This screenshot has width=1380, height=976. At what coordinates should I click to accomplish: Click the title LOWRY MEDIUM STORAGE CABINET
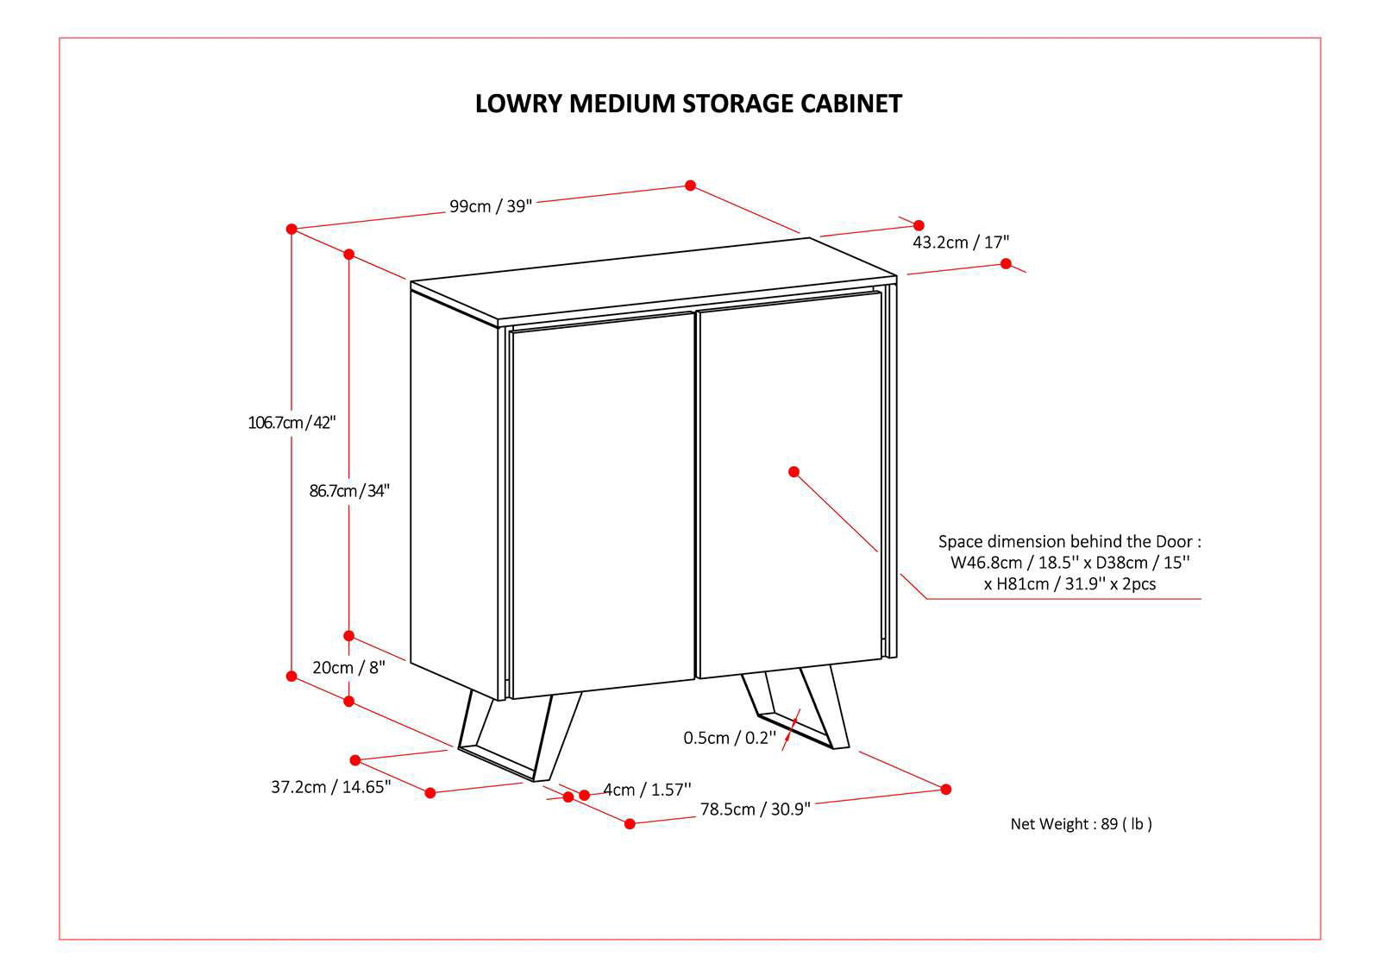[688, 104]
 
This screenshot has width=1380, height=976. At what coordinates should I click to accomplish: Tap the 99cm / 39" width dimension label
[491, 206]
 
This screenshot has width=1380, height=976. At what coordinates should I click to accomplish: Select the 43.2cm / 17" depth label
[960, 242]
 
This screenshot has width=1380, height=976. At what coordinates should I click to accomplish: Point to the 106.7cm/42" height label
[292, 423]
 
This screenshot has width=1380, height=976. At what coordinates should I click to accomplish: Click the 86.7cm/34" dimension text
[349, 491]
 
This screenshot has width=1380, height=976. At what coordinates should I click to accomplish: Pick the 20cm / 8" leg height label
[348, 667]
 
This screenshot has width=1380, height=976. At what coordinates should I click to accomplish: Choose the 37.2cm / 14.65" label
[331, 787]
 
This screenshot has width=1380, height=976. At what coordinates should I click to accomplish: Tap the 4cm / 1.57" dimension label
[647, 790]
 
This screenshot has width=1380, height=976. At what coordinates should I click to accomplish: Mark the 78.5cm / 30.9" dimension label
[755, 809]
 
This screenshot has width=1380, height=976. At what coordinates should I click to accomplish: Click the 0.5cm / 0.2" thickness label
[730, 738]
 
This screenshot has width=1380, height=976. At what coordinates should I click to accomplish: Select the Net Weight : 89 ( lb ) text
[1081, 824]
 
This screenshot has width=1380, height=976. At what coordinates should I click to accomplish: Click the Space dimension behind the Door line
[1069, 542]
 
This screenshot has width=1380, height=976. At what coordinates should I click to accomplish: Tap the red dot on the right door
[793, 471]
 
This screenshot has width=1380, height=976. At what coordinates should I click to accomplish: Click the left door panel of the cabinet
[602, 505]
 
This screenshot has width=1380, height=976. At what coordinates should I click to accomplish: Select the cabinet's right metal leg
[798, 708]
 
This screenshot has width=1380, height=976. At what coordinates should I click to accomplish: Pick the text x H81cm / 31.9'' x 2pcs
[1069, 584]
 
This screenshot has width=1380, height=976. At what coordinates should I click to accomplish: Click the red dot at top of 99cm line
[690, 186]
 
